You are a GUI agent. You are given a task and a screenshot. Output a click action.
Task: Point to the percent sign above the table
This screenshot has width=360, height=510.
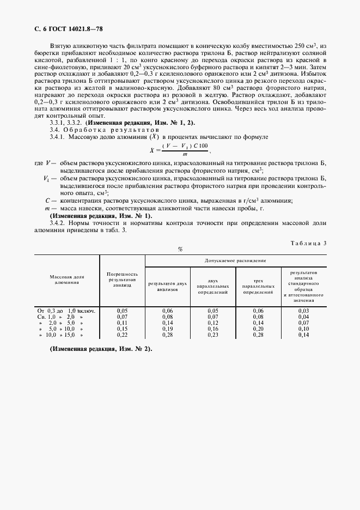pyautogui.click(x=180, y=249)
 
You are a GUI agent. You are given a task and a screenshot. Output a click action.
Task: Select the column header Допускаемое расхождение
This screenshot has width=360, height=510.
pyautogui.click(x=235, y=261)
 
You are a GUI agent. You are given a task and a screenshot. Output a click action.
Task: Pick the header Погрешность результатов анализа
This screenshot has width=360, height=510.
pyautogui.click(x=122, y=279)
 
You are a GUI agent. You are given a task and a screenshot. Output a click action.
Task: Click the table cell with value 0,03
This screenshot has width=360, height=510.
pyautogui.click(x=303, y=311)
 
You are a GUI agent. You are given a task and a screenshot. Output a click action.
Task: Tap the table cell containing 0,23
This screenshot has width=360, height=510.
pyautogui.click(x=212, y=335)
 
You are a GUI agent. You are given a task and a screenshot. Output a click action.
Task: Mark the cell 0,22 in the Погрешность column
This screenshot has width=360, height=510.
pyautogui.click(x=122, y=335)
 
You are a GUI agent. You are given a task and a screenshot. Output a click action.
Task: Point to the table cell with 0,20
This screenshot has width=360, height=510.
pyautogui.click(x=258, y=329)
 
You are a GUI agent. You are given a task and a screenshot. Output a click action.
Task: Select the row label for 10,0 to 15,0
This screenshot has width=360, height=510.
pyautogui.click(x=60, y=335)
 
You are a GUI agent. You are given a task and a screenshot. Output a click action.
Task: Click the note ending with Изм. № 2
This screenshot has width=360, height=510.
pyautogui.click(x=101, y=349)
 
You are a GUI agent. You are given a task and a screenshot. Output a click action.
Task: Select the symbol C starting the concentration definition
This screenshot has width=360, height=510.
pyautogui.click(x=48, y=201)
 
